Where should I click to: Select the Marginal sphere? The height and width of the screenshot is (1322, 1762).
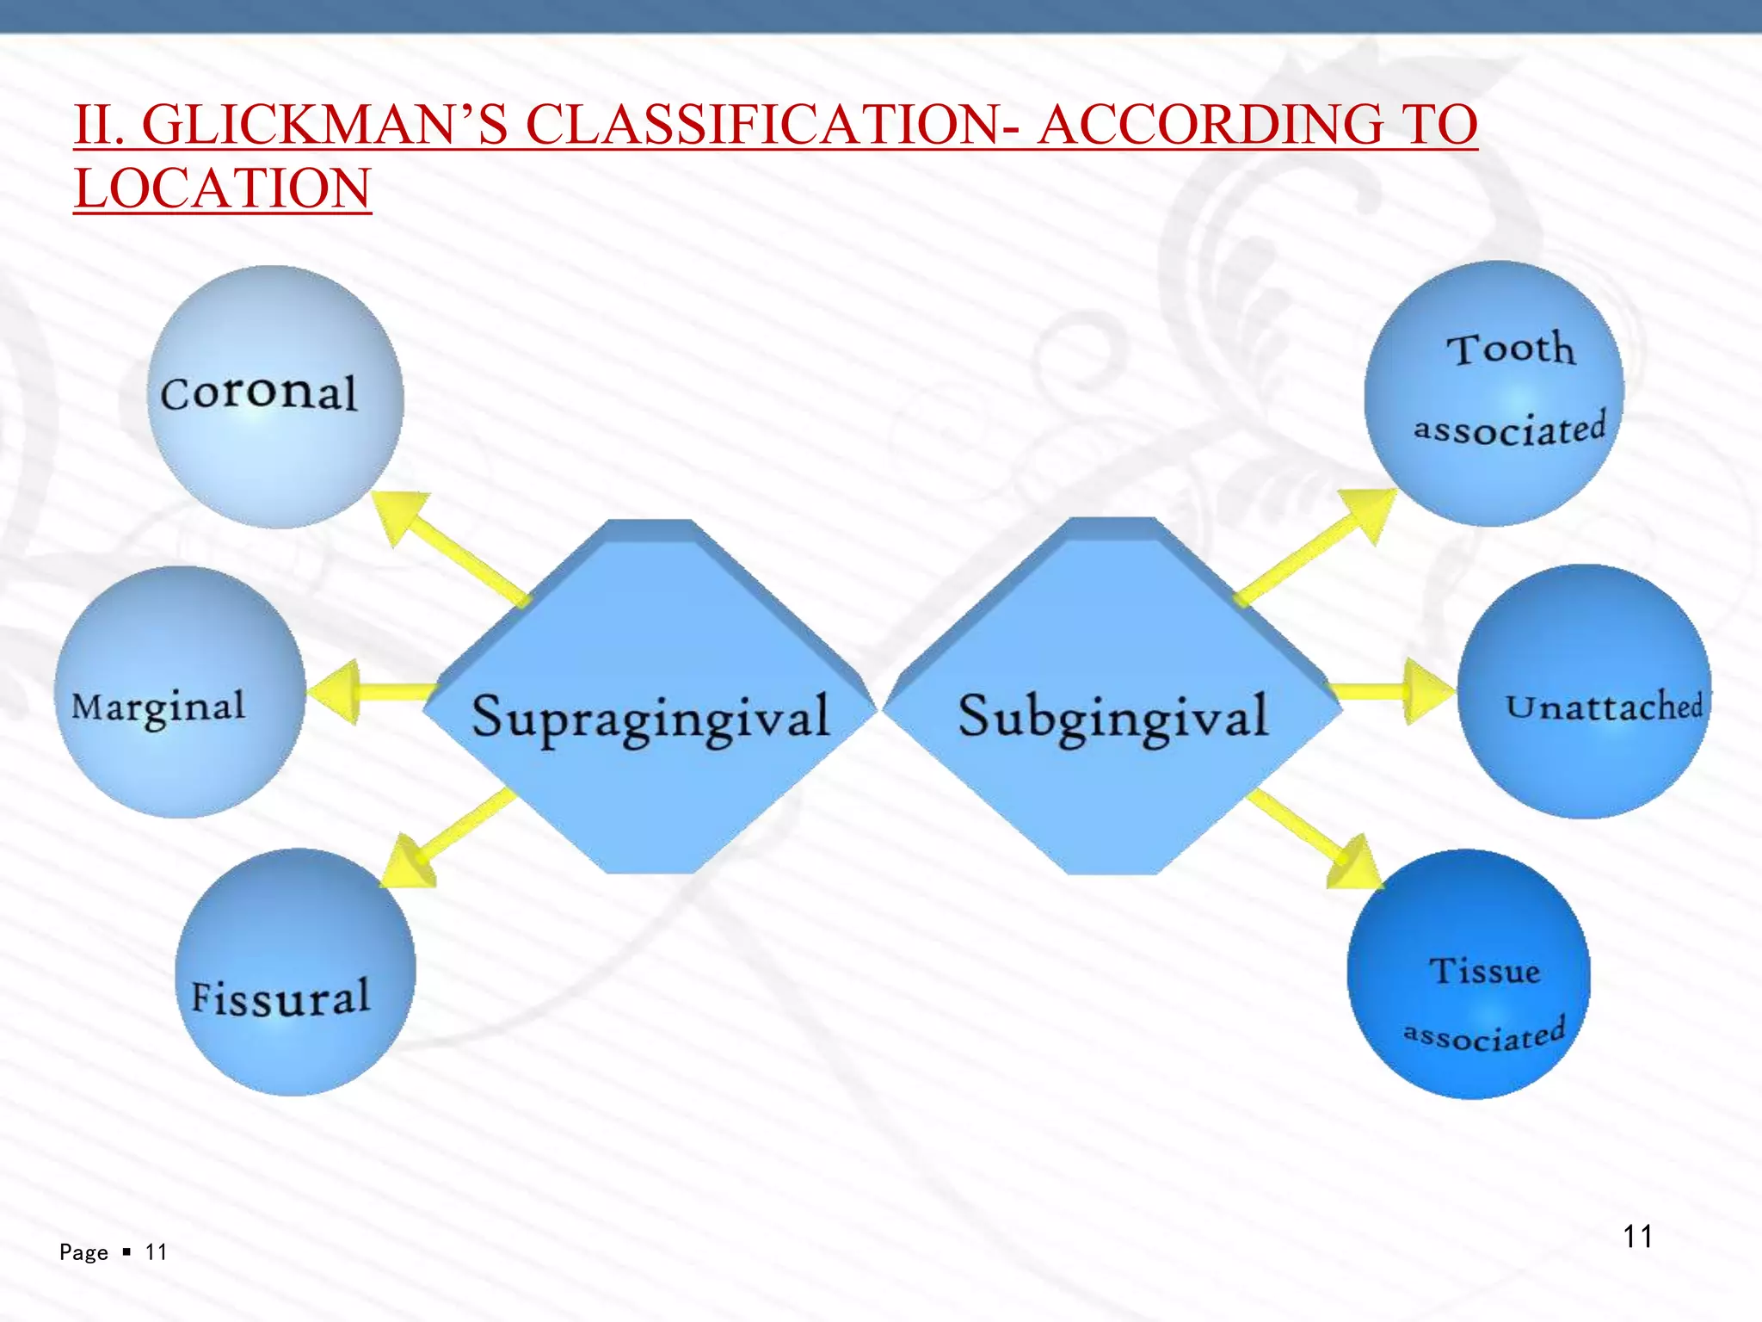pyautogui.click(x=179, y=692)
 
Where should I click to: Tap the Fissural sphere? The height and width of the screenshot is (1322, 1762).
pyautogui.click(x=295, y=973)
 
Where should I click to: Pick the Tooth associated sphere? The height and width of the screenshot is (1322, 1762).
pyautogui.click(x=1494, y=393)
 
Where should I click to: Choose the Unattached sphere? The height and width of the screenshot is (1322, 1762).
pyautogui.click(x=1584, y=691)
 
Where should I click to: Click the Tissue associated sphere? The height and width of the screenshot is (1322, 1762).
pyautogui.click(x=1469, y=973)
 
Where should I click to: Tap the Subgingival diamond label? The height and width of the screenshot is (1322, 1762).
pyautogui.click(x=1113, y=716)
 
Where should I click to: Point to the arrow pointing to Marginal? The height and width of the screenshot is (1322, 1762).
pyautogui.click(x=370, y=692)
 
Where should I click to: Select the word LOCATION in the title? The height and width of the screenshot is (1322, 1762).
pyautogui.click(x=223, y=188)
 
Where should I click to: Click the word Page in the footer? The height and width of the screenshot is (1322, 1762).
pyautogui.click(x=83, y=1252)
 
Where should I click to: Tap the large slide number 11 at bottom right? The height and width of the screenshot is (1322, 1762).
pyautogui.click(x=1637, y=1237)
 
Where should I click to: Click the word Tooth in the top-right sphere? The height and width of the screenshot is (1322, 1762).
pyautogui.click(x=1511, y=349)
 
